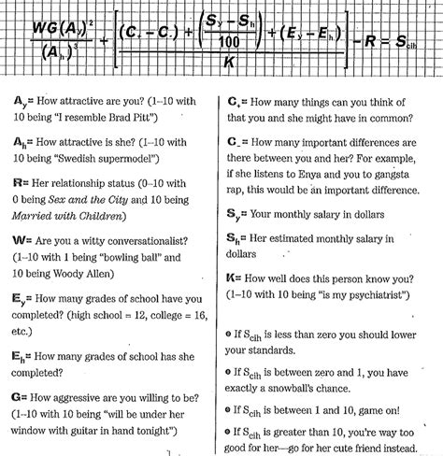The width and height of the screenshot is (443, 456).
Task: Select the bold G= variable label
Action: pos(21,398)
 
